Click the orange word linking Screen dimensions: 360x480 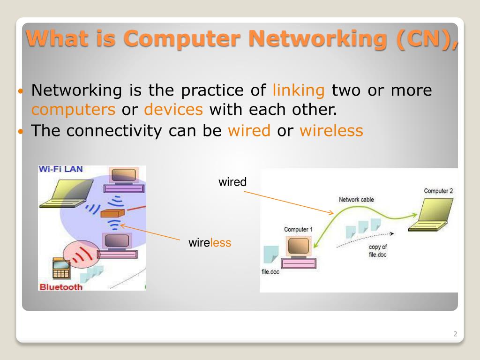[299, 90]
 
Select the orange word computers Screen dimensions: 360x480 [73, 110]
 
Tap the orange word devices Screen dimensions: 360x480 [173, 110]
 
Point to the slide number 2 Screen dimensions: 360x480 [455, 334]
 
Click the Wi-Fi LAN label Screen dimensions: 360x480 [60, 170]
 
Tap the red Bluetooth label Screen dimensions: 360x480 [61, 286]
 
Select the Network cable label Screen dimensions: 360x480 [356, 200]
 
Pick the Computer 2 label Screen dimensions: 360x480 [438, 191]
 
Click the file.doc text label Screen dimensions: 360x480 [270, 271]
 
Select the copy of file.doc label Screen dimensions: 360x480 [377, 251]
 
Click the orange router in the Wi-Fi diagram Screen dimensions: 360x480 [113, 213]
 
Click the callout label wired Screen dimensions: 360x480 [232, 182]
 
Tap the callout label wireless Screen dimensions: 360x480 [210, 242]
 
